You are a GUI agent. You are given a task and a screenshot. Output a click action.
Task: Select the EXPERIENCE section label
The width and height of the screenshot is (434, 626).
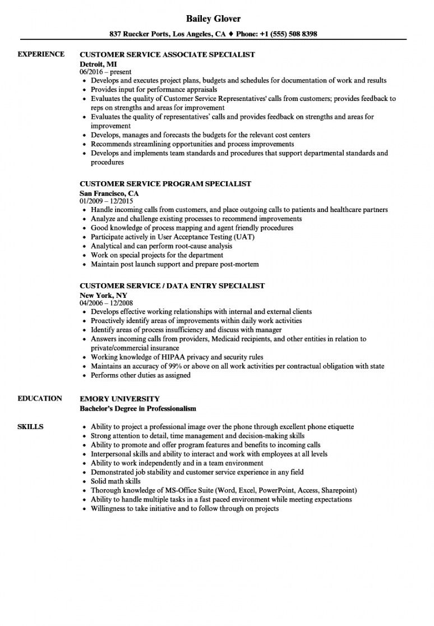coord(41,54)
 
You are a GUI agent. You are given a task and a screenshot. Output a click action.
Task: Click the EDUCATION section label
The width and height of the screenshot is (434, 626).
coord(40,398)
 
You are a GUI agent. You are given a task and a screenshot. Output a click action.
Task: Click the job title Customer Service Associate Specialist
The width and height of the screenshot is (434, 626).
coord(168,55)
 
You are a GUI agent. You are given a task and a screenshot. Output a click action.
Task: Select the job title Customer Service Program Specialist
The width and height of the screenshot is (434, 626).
coord(165,184)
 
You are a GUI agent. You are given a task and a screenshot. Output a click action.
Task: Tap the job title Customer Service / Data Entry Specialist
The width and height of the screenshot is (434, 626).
coord(172,286)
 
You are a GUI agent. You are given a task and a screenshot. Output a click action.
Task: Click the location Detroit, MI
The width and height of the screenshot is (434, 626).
coord(99,63)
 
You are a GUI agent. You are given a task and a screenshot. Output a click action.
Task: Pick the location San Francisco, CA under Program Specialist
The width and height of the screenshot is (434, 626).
coord(109,193)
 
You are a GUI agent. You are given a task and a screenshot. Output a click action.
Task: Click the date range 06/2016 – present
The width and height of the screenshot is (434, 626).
coord(105,72)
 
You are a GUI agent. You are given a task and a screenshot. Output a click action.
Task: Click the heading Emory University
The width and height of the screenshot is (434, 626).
coord(119,399)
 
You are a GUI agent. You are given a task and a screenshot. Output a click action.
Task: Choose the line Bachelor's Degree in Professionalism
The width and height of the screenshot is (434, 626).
coord(138,408)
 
